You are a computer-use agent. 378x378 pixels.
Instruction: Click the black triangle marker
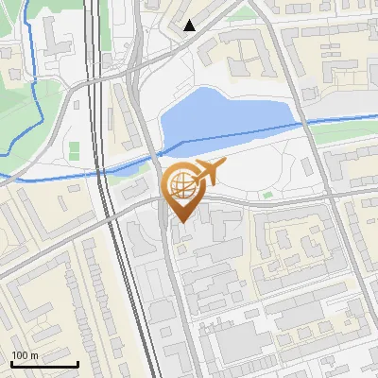pyautogui.click(x=190, y=26)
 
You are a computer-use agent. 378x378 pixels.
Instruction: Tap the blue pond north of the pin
pyautogui.click(x=222, y=118)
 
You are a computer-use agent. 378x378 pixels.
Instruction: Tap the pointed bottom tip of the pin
pyautogui.click(x=180, y=223)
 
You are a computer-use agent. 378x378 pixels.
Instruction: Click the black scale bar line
pyautogui.click(x=44, y=364)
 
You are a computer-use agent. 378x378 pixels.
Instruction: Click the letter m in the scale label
pyautogui.click(x=35, y=355)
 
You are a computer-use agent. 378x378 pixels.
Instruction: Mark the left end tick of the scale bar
pyautogui.click(x=11, y=362)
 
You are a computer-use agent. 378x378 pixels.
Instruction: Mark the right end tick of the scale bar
pyautogui.click(x=77, y=362)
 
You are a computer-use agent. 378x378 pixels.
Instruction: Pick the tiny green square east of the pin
pyautogui.click(x=267, y=196)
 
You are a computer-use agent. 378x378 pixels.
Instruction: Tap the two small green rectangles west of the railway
pyautogui.click(x=74, y=150)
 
